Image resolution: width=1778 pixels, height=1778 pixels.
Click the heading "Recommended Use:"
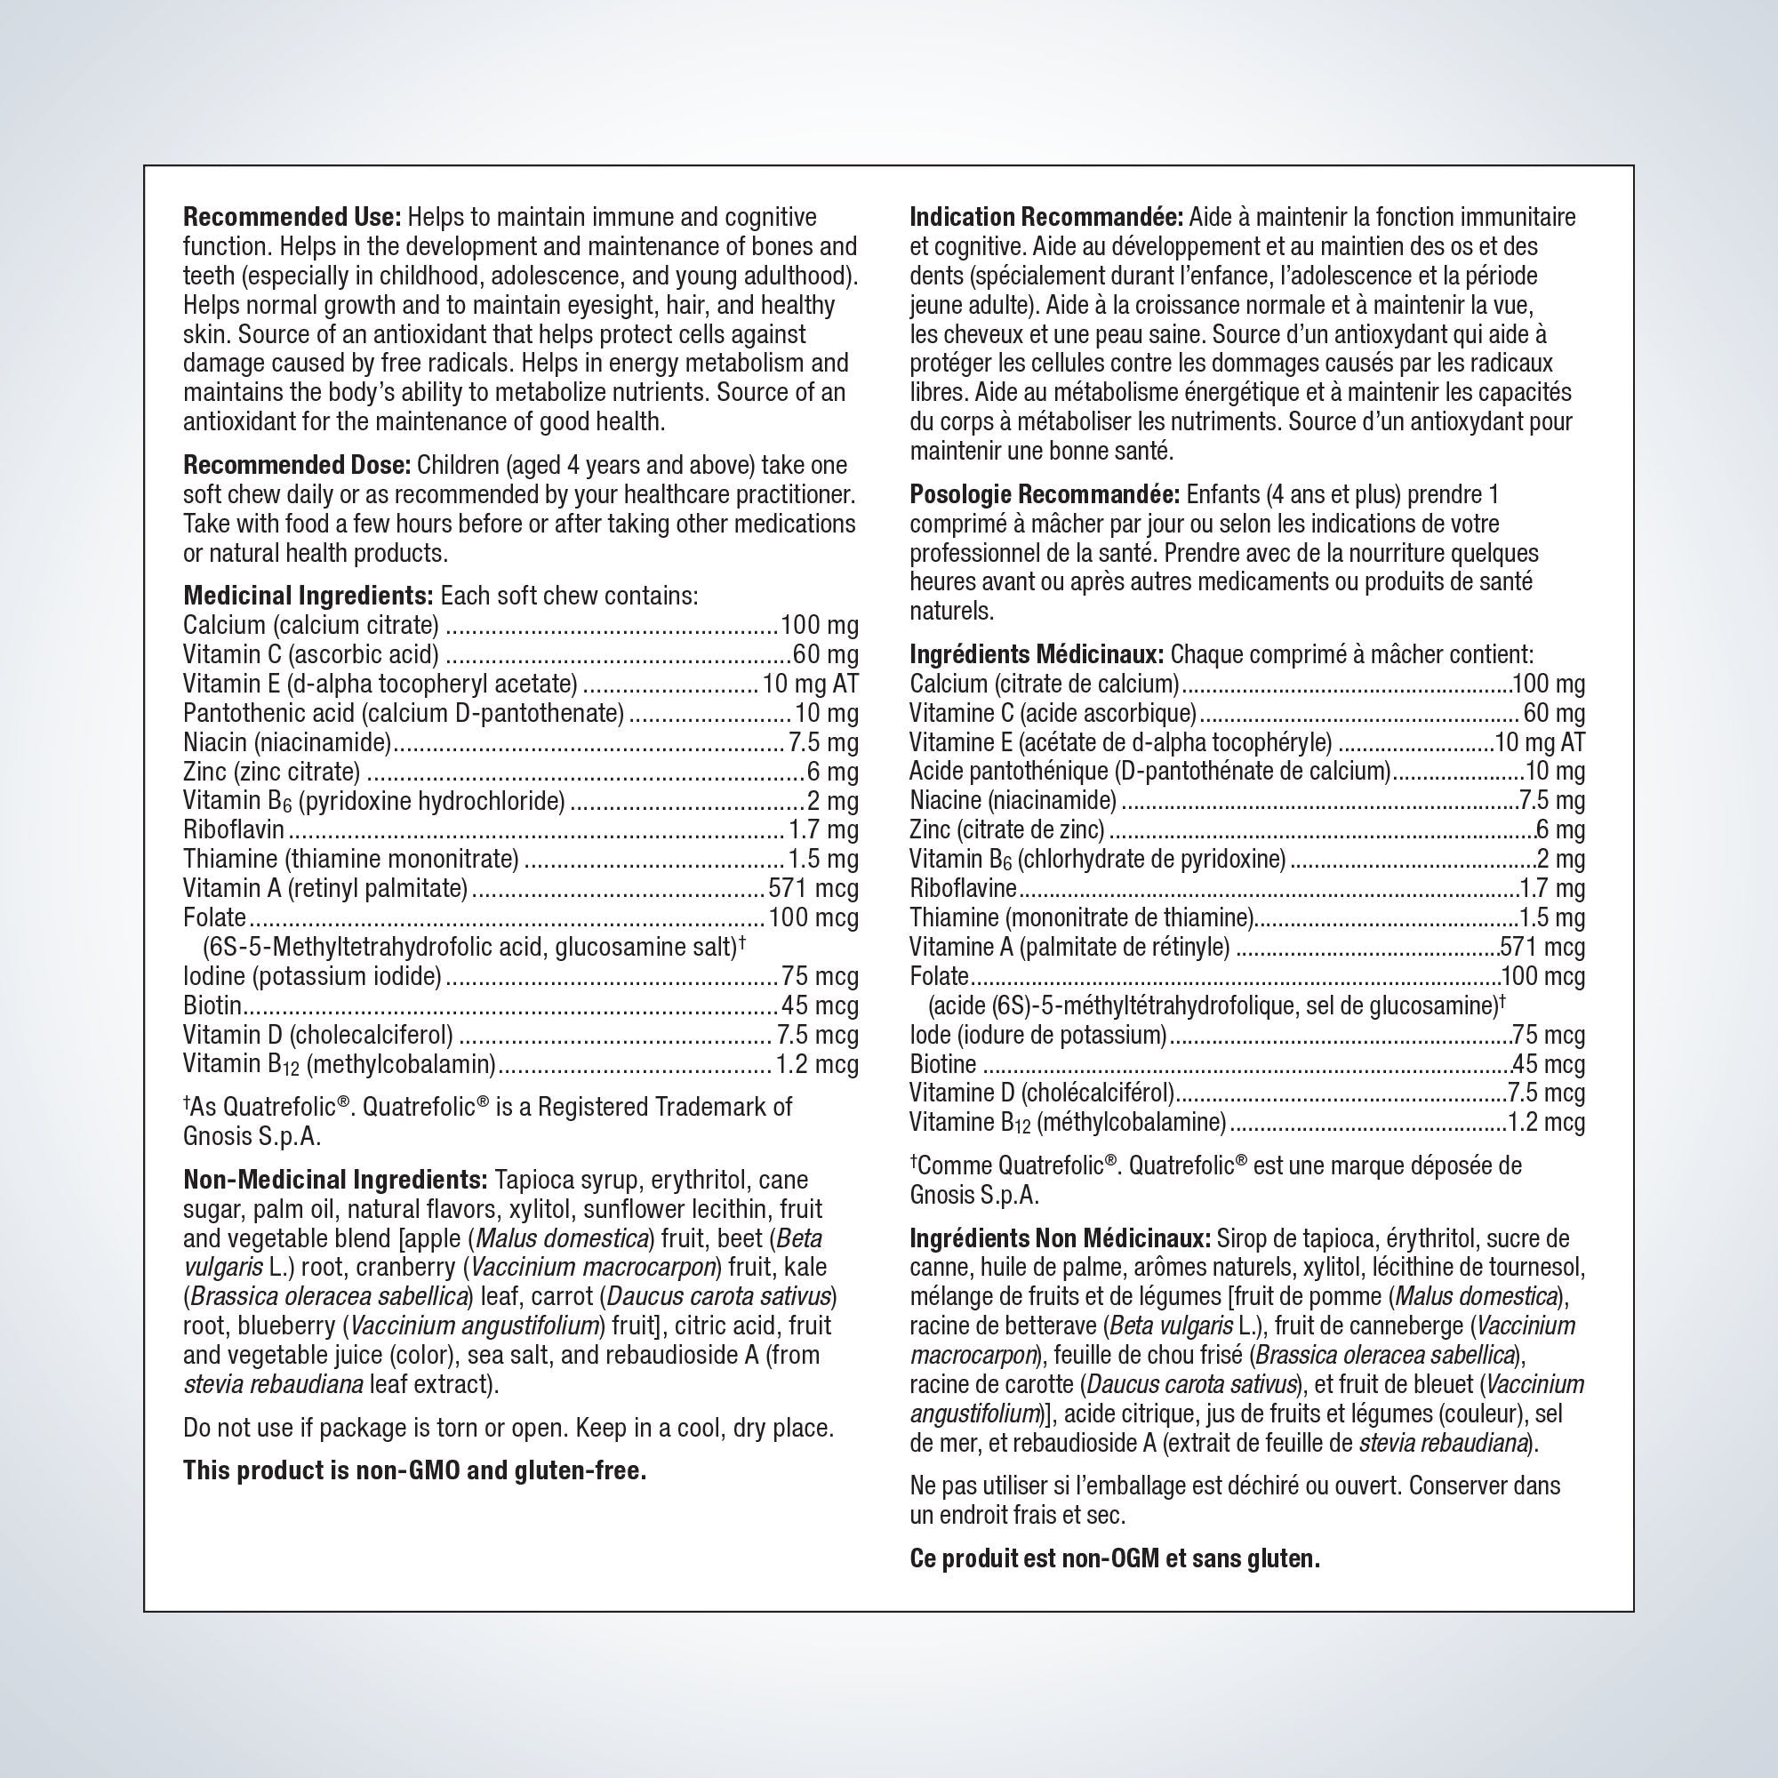click(x=292, y=218)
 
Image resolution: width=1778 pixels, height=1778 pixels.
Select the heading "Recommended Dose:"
click(x=296, y=466)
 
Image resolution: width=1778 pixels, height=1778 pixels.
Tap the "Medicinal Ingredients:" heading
click(x=308, y=597)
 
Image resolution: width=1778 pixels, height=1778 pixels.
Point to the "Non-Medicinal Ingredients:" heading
click(x=335, y=1180)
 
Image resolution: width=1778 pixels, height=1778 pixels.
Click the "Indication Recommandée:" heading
click(x=1046, y=218)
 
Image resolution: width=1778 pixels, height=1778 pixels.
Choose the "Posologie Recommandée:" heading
click(x=1045, y=495)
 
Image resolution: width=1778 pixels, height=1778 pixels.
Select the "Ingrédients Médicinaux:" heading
click(x=1037, y=655)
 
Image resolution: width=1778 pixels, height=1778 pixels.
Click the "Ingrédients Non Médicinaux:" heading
click(x=1060, y=1238)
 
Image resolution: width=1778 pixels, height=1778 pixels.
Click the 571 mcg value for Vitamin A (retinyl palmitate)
click(x=813, y=889)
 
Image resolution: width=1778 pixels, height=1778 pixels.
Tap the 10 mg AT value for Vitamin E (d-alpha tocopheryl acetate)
click(x=810, y=685)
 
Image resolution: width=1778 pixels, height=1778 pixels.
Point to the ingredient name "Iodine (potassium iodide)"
click(x=312, y=976)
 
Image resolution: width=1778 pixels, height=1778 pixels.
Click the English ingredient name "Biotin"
click(x=212, y=1005)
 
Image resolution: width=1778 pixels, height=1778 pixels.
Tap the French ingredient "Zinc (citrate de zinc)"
click(x=1007, y=830)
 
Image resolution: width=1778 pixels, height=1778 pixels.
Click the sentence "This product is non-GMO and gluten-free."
click(x=414, y=1470)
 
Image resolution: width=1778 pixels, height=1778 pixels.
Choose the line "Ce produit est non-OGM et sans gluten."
click(x=1115, y=1558)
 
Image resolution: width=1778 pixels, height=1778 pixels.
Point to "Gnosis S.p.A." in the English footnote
click(x=252, y=1136)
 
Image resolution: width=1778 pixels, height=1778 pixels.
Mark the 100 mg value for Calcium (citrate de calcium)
click(x=1549, y=685)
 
